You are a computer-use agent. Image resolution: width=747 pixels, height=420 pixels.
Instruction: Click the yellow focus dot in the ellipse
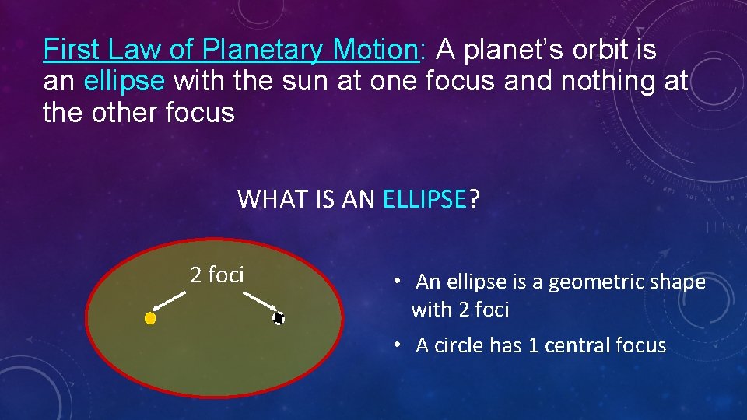click(150, 318)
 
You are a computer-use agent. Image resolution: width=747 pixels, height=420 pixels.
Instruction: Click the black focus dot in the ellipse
click(279, 318)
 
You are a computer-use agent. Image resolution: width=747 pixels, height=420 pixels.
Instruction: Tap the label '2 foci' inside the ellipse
click(217, 275)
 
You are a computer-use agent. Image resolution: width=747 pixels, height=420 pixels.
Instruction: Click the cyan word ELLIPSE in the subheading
click(424, 200)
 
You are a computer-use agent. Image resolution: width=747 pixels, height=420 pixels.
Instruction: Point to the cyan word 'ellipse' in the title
click(124, 82)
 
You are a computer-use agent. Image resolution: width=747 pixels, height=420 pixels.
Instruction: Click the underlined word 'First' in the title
click(72, 51)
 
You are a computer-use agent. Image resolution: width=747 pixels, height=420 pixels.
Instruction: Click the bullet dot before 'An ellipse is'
click(396, 282)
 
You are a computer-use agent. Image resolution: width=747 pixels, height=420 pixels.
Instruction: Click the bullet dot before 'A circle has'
click(397, 345)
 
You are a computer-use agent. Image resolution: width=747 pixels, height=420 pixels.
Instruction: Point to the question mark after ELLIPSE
click(475, 200)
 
